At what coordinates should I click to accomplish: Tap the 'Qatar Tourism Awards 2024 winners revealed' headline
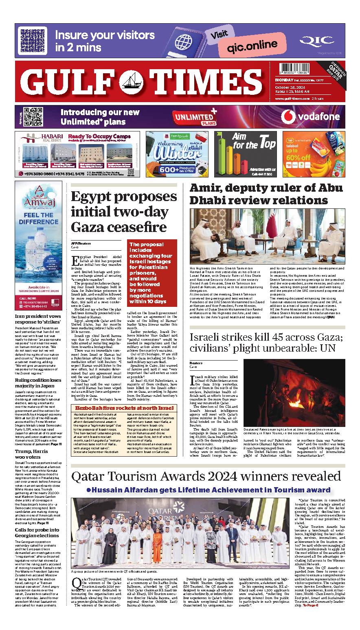pyautogui.click(x=206, y=475)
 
